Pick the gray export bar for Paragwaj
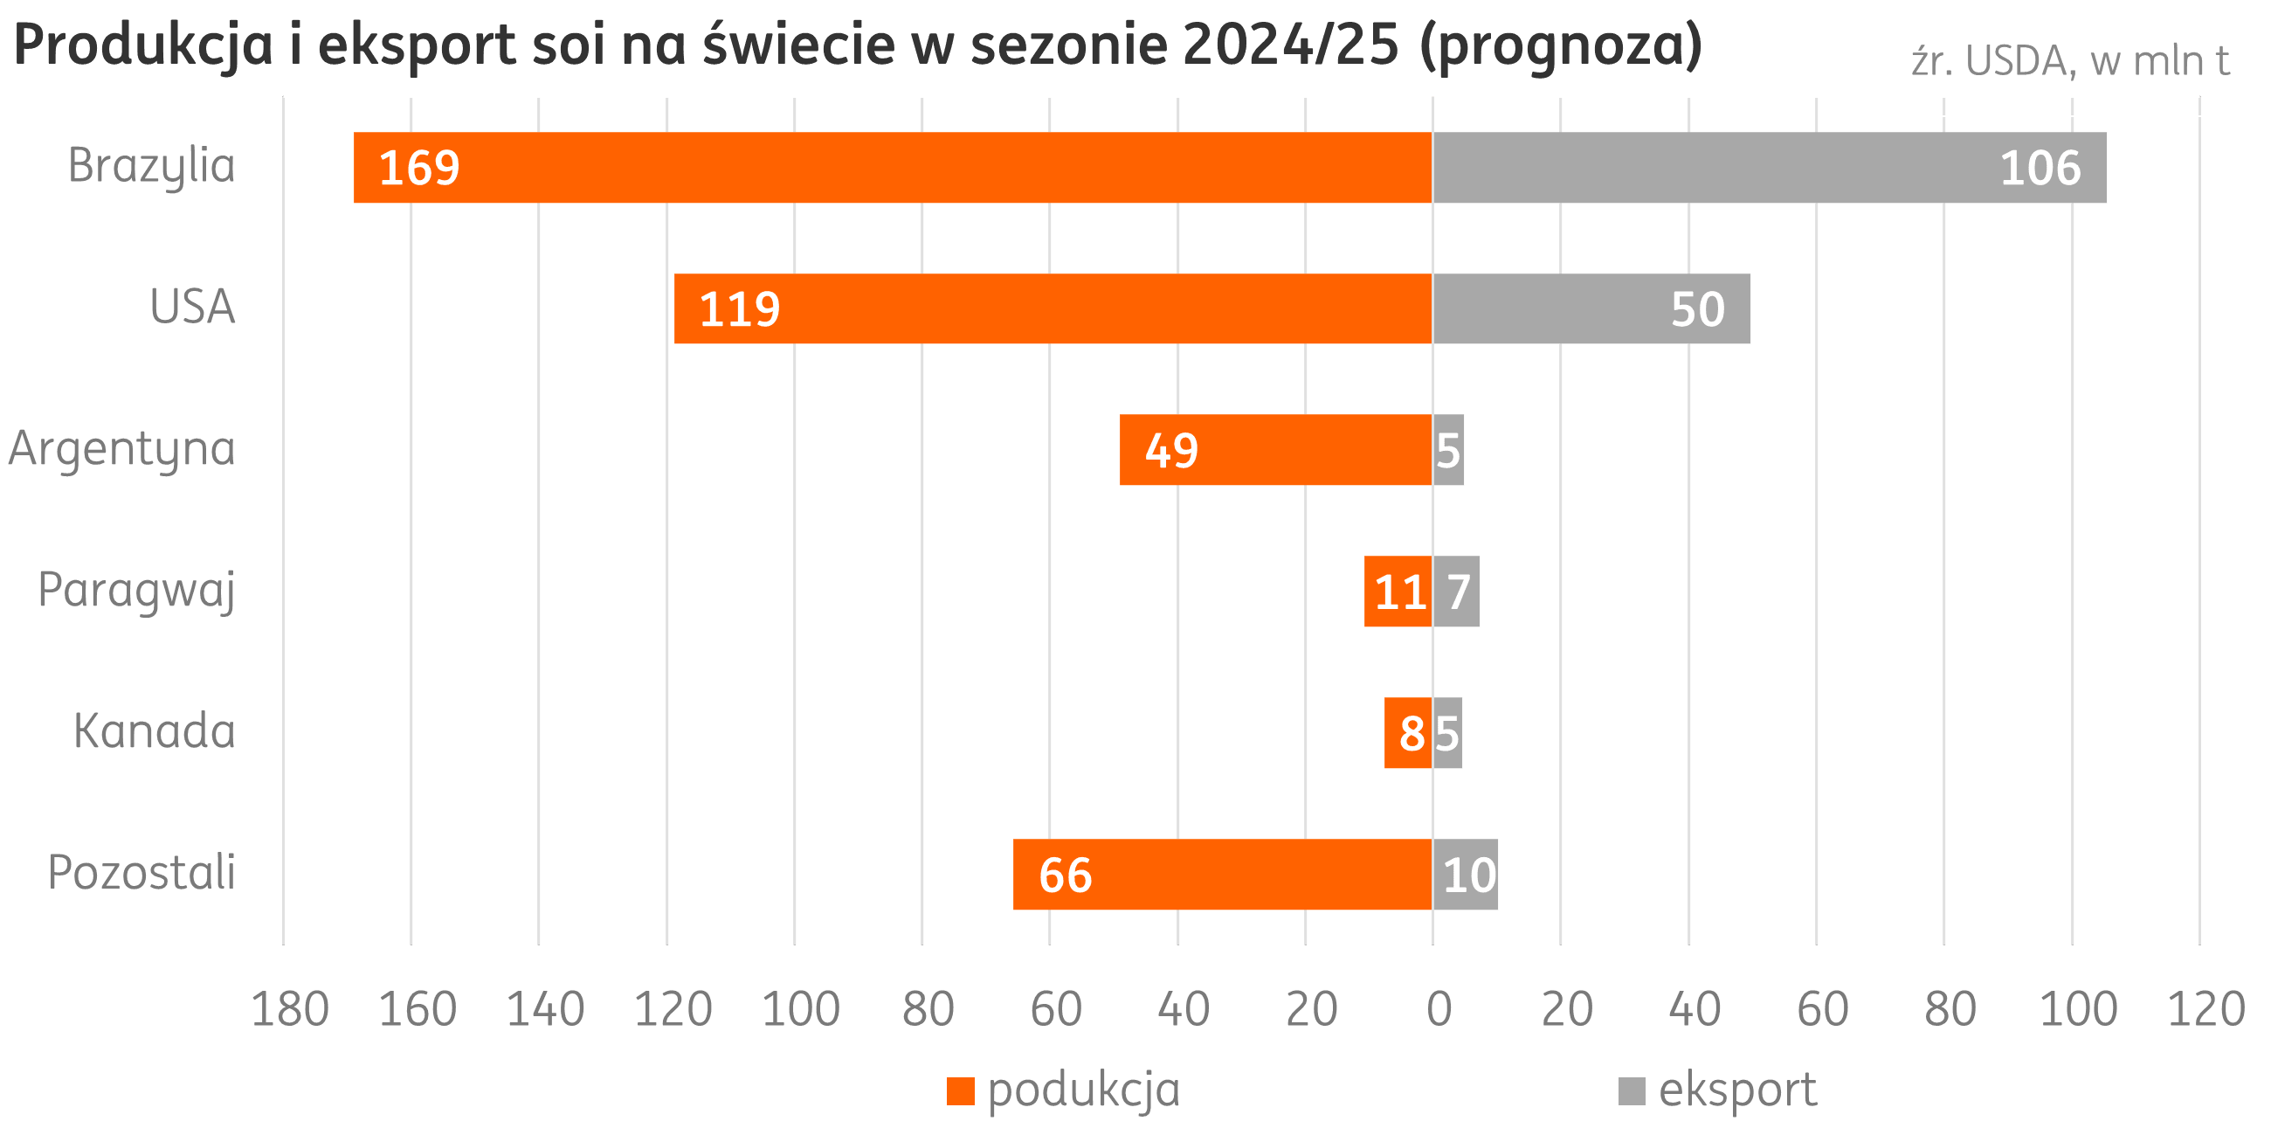(x=1456, y=592)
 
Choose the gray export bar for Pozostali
(x=1465, y=875)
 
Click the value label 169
(x=418, y=168)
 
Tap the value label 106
(x=2040, y=168)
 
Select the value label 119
(x=739, y=309)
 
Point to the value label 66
(x=1065, y=875)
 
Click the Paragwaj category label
(x=136, y=590)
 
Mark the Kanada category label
(x=155, y=731)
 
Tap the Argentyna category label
(x=121, y=449)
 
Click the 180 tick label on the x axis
(x=290, y=1009)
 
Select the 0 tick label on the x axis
(x=1439, y=1009)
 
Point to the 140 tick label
(x=545, y=1009)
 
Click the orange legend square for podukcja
(x=960, y=1091)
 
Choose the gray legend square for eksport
(x=1632, y=1091)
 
